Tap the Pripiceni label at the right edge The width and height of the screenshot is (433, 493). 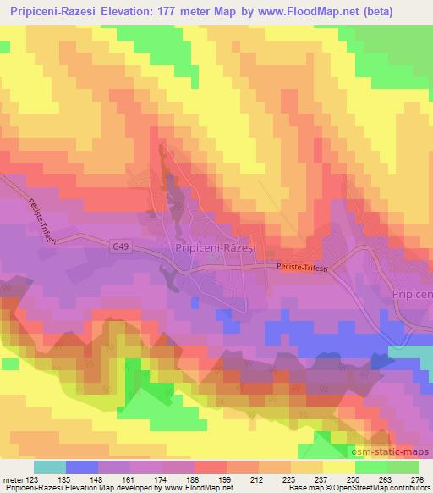[412, 293]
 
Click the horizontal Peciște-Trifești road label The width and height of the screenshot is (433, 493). [302, 266]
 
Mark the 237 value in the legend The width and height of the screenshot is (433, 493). [321, 479]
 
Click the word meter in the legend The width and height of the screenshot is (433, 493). [13, 479]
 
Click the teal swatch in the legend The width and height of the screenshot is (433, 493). [50, 467]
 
